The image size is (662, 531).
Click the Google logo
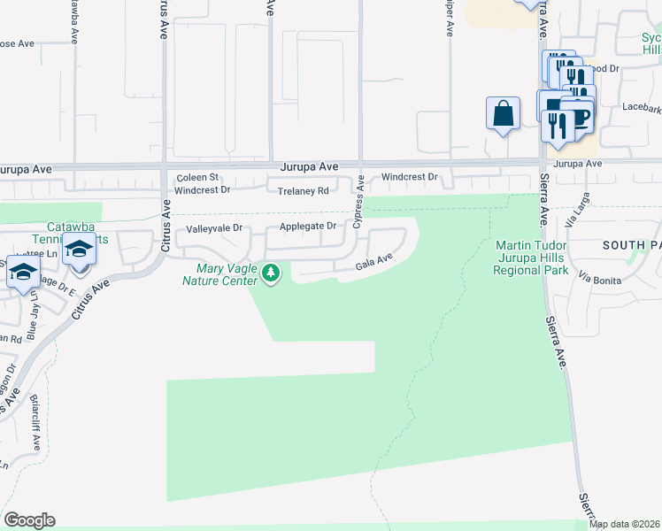tap(29, 520)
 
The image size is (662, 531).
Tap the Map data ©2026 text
tap(624, 524)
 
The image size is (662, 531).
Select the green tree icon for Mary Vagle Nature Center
tap(272, 274)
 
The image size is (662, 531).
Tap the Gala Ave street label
tap(373, 262)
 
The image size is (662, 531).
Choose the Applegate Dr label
tap(308, 227)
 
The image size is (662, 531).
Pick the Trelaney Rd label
tap(303, 190)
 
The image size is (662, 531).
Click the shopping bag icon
tap(503, 114)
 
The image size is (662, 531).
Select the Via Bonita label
tap(601, 279)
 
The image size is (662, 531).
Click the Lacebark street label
tap(641, 104)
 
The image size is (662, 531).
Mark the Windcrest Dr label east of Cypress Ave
tap(409, 177)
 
